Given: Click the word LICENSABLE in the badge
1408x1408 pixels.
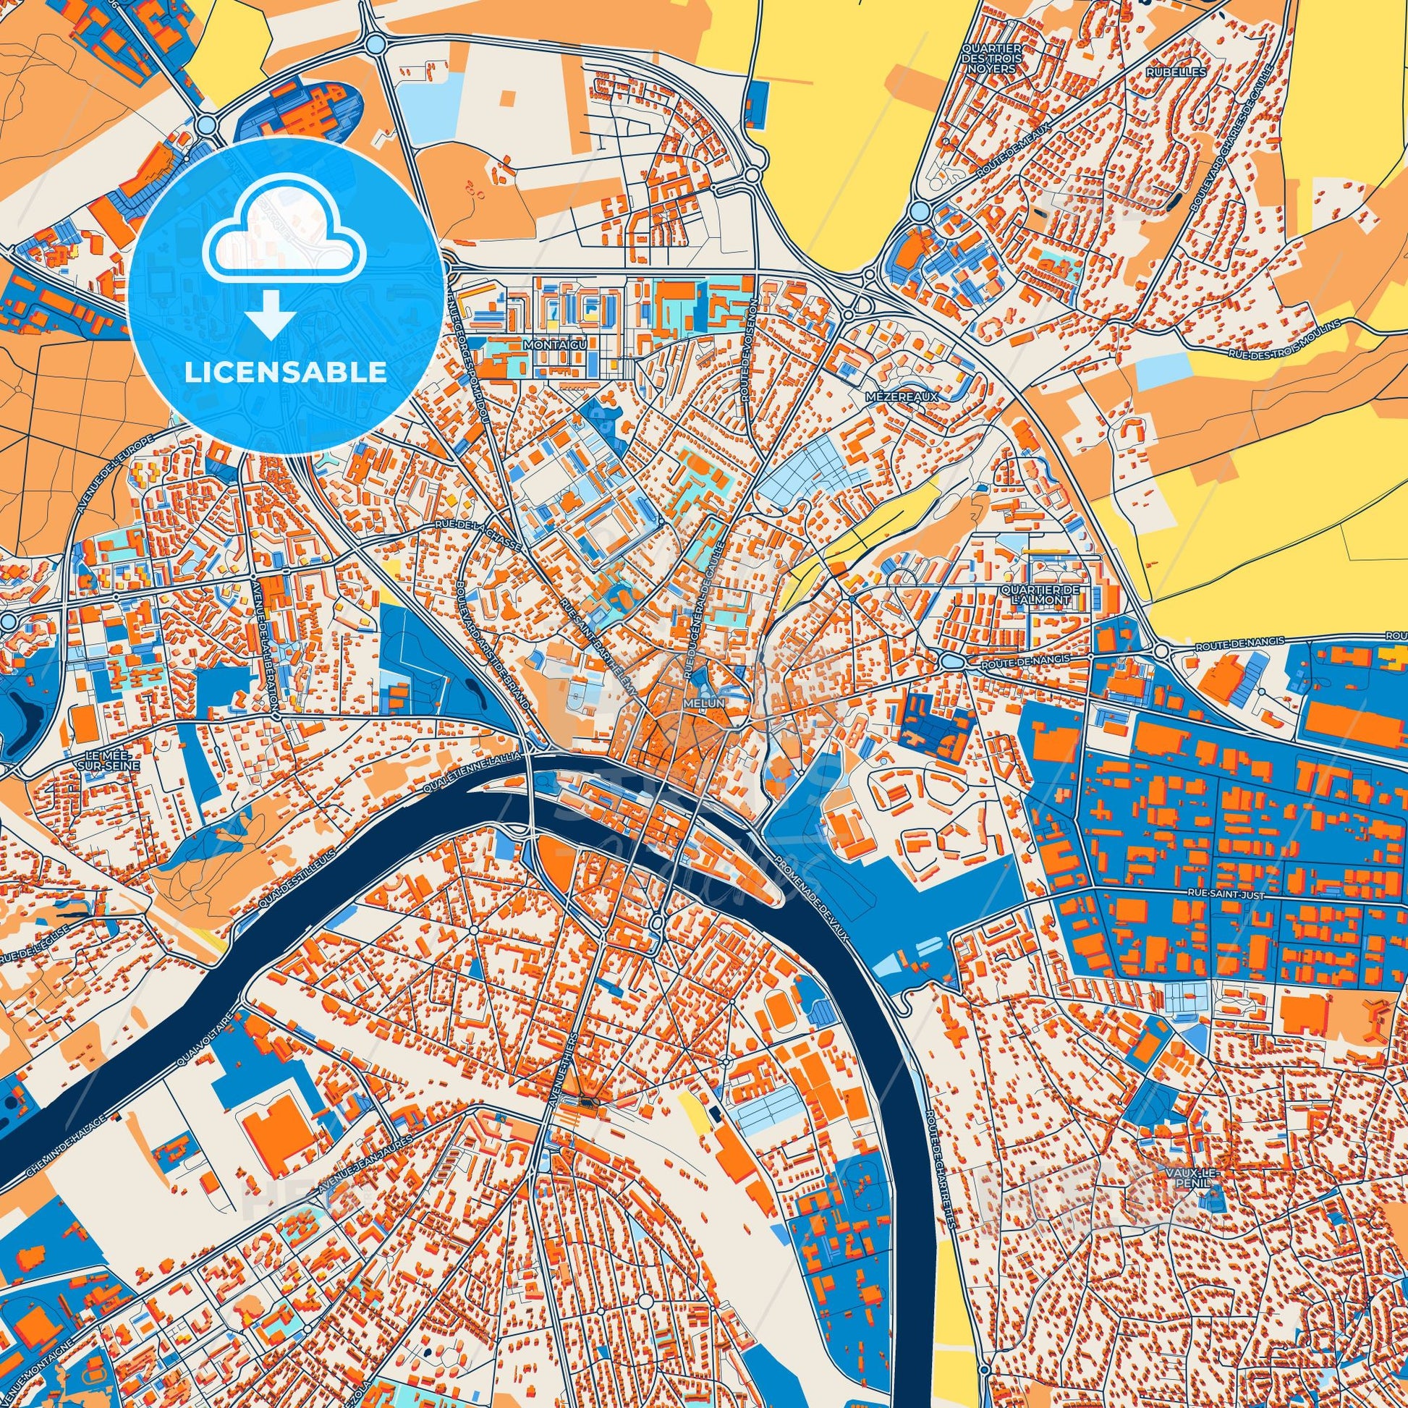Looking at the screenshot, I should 285,373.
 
